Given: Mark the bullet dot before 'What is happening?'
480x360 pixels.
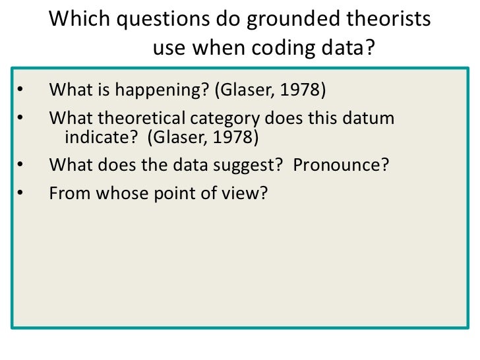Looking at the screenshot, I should pyautogui.click(x=20, y=90).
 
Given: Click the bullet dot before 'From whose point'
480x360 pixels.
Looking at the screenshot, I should pyautogui.click(x=20, y=194).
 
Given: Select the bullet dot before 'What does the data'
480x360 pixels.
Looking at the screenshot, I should pyautogui.click(x=20, y=165).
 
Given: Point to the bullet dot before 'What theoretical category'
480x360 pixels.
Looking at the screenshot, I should pyautogui.click(x=20, y=119).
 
